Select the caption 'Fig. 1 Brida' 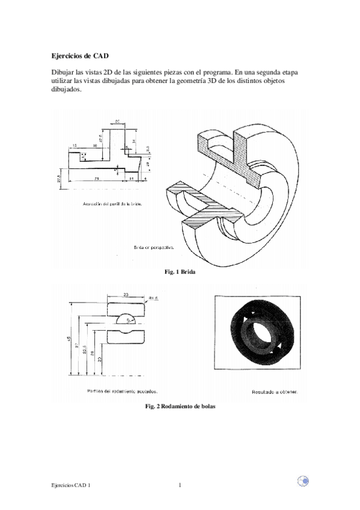tap(180, 272)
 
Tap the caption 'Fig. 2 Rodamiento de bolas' tap(180, 407)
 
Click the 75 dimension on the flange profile tap(96, 179)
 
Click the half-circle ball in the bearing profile tap(126, 318)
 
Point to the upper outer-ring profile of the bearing tap(126, 308)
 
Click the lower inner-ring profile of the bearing tap(126, 334)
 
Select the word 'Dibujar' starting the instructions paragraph tap(61, 72)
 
